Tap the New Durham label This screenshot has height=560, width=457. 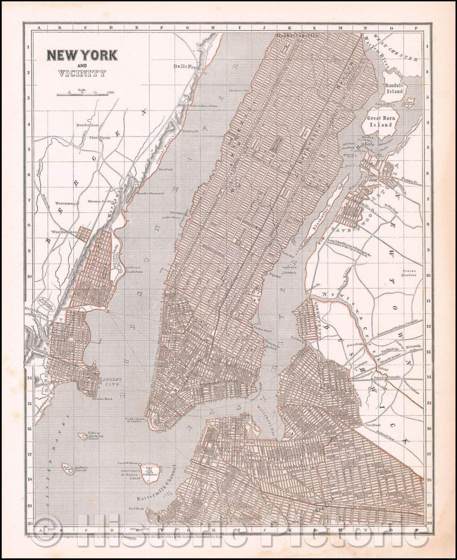pyautogui.click(x=87, y=125)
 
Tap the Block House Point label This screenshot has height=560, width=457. pyautogui.click(x=205, y=106)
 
